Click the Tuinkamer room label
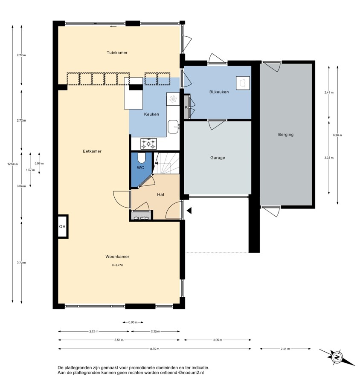coord(117,53)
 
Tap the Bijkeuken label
coord(219,92)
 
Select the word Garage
coord(218,158)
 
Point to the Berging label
coord(286,135)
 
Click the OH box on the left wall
coord(62,226)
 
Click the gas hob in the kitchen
coord(148,144)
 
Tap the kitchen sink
coord(173,127)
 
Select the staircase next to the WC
coord(166,163)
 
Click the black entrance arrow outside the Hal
coord(189,211)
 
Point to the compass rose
coord(337,358)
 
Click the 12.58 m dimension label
coord(12,164)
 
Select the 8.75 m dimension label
coord(154,349)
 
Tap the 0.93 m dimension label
coord(133,322)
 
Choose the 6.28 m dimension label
coord(337,135)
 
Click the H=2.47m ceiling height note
coord(118,265)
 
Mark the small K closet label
coord(186,107)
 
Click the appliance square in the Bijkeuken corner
coord(243,83)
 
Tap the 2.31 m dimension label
coord(285,349)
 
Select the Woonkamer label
coord(117,257)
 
